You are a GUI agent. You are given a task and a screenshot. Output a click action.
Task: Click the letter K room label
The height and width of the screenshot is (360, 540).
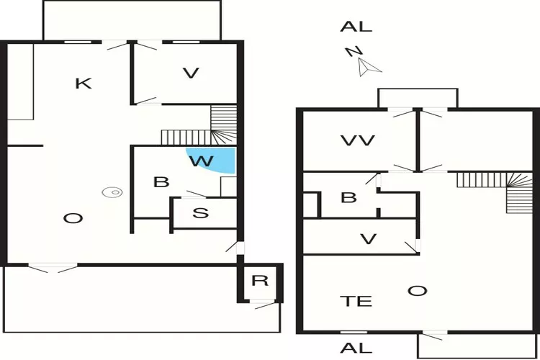pos(84,84)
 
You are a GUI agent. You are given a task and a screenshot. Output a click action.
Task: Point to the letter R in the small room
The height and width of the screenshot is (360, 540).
pos(260,281)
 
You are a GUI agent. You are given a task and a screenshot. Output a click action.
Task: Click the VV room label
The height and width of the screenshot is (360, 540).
pos(358,140)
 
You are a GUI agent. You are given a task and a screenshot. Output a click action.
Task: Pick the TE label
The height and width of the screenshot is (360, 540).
pos(355,301)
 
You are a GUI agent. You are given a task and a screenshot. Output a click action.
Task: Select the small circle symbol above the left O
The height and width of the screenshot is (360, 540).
pos(112,192)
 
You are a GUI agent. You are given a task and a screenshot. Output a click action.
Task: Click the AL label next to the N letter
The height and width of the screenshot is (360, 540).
pos(356,27)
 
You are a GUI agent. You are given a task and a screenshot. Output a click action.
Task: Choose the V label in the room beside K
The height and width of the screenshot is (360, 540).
pos(190,73)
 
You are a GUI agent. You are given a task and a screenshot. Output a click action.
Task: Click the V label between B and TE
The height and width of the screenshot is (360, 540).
pos(368,238)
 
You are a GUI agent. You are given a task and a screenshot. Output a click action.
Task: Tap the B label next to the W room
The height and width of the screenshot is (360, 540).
pos(161,182)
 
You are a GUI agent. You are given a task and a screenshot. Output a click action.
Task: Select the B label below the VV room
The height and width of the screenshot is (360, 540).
pos(348,197)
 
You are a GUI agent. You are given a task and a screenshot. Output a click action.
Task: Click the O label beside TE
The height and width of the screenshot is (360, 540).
pos(417,291)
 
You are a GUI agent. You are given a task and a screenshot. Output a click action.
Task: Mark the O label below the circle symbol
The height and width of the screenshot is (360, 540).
pos(70,218)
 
